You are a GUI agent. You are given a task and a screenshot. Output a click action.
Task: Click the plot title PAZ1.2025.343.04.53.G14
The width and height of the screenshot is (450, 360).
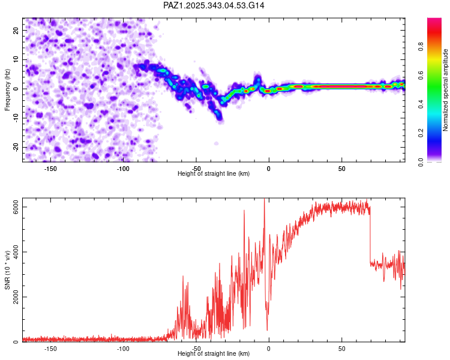tap(214, 5)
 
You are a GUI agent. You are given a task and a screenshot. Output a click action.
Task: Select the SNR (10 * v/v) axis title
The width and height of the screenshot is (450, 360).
tap(8, 270)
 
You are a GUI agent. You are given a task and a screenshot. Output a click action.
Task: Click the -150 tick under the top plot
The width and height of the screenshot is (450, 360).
tap(50, 169)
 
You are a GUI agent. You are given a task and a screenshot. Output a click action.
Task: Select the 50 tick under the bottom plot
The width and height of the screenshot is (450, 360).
tap(341, 349)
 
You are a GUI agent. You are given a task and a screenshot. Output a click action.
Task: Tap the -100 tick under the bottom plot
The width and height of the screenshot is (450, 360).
tap(123, 349)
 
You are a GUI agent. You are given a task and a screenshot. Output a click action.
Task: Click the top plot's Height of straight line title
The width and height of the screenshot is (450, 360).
tap(214, 174)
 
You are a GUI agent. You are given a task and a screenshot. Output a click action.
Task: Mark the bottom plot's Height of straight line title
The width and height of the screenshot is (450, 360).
tap(214, 354)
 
